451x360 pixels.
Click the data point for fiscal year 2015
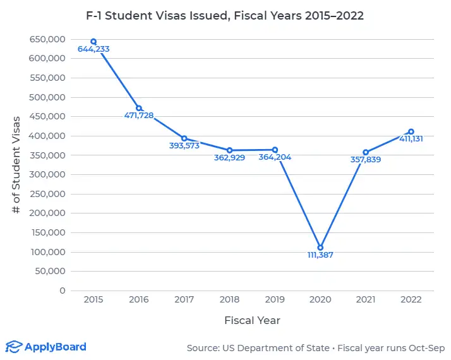(93, 42)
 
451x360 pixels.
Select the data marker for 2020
(320, 248)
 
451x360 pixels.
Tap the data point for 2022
(411, 132)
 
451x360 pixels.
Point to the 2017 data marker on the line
(184, 138)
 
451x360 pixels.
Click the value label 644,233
(93, 49)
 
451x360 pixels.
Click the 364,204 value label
(275, 157)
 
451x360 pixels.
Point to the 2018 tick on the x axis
(229, 300)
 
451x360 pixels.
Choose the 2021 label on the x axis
(366, 300)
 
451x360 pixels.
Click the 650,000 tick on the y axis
(47, 39)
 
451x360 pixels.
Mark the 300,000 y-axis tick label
(47, 174)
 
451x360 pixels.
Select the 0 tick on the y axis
(63, 291)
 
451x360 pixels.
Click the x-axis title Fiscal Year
(252, 320)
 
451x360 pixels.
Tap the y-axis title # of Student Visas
(17, 164)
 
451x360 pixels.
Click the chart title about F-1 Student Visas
(225, 16)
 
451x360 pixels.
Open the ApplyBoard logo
(45, 347)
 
